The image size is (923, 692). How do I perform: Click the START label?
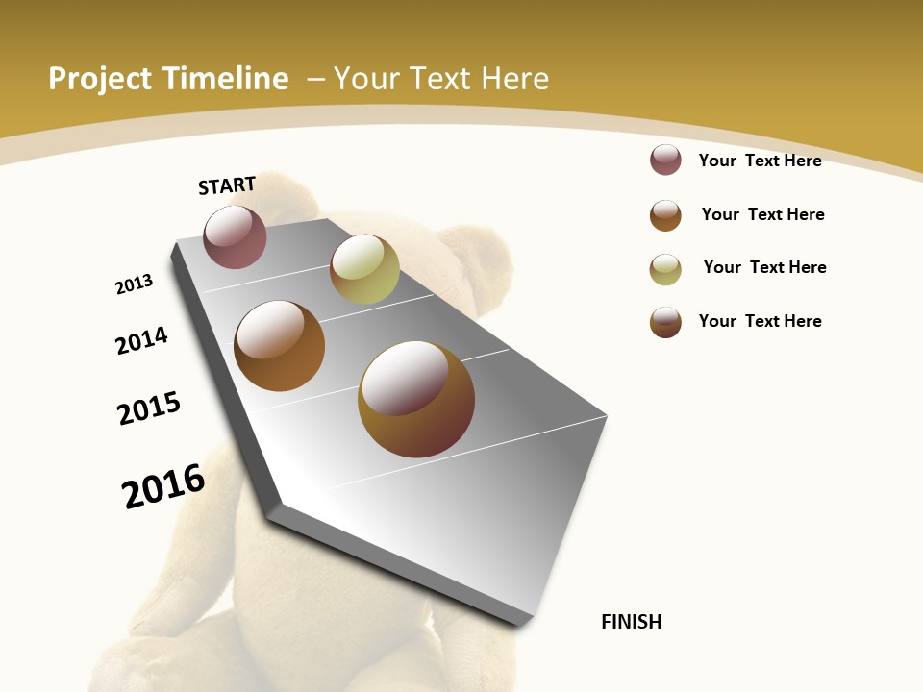click(227, 185)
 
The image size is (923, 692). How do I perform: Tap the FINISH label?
click(632, 622)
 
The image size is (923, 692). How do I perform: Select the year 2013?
click(134, 284)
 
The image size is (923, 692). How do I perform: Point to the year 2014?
click(142, 340)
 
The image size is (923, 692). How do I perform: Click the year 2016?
click(163, 485)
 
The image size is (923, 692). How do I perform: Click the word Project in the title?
click(100, 79)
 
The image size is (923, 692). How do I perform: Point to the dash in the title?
click(315, 79)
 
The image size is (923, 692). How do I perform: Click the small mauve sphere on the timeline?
click(235, 236)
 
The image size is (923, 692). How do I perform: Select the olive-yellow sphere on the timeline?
click(364, 269)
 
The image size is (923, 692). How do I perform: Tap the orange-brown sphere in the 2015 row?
click(279, 346)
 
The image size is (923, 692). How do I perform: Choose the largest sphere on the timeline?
click(416, 399)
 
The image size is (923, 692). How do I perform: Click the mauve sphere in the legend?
click(665, 161)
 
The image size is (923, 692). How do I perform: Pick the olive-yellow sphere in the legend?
click(665, 269)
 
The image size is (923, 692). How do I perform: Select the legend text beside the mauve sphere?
click(760, 161)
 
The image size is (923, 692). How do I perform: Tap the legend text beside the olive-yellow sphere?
click(764, 267)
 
